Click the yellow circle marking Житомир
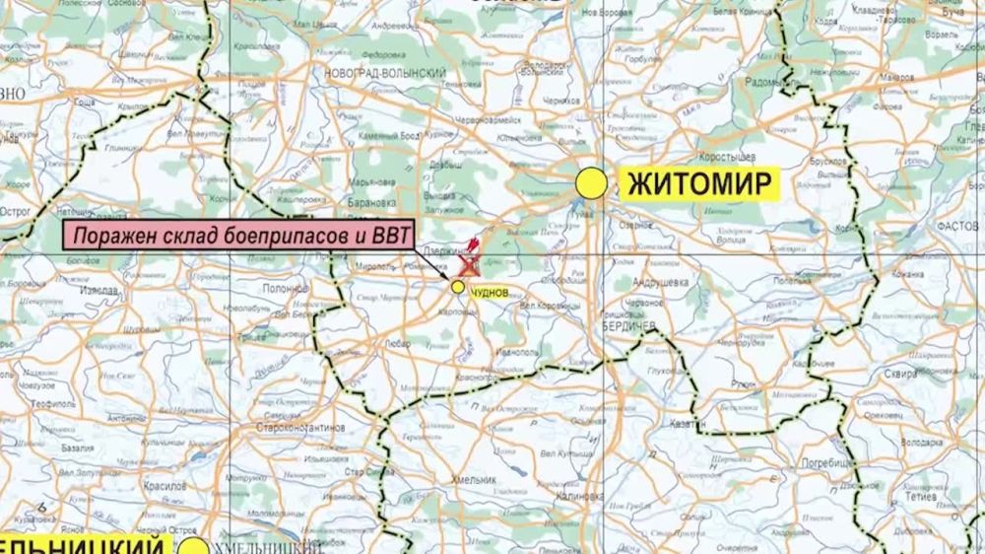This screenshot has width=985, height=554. click(x=591, y=182)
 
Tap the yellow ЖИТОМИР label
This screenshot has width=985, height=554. click(x=697, y=183)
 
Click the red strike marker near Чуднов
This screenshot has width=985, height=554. click(x=468, y=264)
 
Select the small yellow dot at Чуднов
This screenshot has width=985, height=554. click(x=458, y=286)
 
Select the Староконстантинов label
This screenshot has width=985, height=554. click(x=299, y=429)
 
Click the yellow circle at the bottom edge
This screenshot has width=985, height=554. click(x=195, y=545)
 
